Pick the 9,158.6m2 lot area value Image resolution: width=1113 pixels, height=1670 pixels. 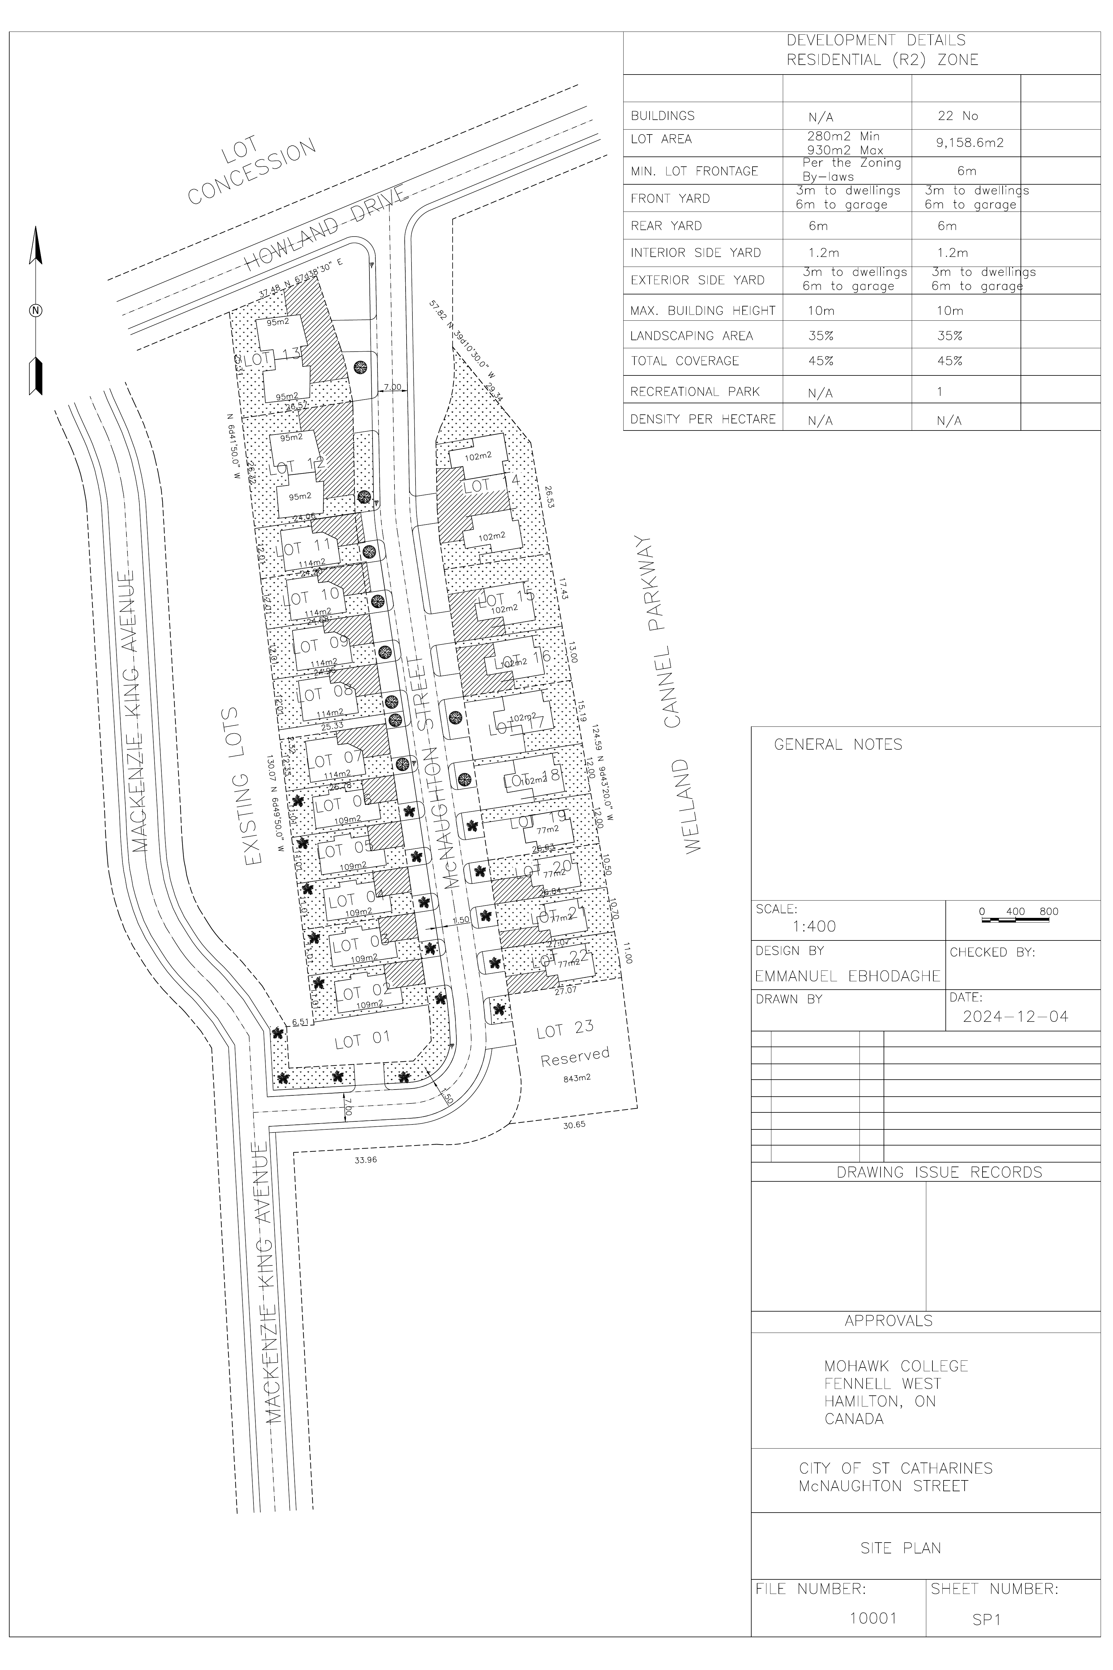pos(970,143)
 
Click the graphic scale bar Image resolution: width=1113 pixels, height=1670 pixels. pos(1015,920)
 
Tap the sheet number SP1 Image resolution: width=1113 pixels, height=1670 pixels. pos(986,1620)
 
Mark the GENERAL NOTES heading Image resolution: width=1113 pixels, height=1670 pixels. pos(838,745)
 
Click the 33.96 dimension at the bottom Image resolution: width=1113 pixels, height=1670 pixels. pos(365,1160)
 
